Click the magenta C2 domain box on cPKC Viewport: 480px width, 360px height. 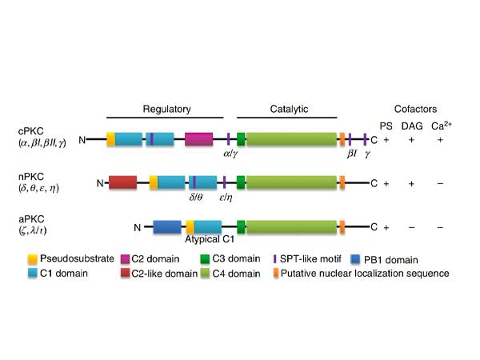(198, 138)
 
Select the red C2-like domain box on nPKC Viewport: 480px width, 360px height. (122, 183)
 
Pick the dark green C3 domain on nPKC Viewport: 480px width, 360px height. (240, 183)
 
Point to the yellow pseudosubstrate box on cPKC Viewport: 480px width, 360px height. (110, 138)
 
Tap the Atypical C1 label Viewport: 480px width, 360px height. (210, 239)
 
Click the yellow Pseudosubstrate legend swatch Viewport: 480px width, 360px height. (33, 259)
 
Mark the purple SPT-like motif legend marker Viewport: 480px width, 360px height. (276, 259)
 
